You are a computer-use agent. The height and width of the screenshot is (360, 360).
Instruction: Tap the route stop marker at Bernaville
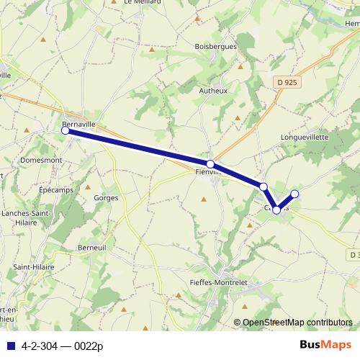pos(66,130)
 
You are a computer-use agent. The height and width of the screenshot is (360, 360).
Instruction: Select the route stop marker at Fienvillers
pos(210,164)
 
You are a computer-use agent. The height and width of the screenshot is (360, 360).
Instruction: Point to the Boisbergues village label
pos(215,45)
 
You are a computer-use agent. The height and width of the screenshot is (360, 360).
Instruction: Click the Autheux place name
pos(213,91)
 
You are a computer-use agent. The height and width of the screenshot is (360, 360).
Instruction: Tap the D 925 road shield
pos(287,83)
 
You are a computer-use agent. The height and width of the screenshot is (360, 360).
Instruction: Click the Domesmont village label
pos(45,161)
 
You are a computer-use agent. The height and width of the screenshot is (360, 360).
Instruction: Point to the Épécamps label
pos(58,189)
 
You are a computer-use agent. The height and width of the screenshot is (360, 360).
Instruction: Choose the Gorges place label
pos(105,197)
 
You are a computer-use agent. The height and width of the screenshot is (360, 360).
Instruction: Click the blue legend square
pos(10,346)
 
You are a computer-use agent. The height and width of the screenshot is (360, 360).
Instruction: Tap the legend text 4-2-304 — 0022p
pos(62,346)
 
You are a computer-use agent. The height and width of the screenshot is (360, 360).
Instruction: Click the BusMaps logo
pos(325,345)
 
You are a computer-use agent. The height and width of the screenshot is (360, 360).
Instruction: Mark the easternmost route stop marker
pos(294,194)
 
